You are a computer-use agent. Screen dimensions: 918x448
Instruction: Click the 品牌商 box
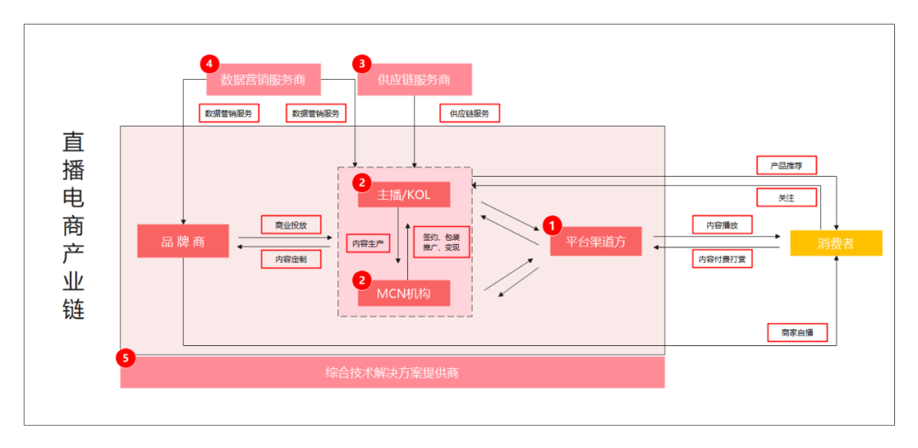tap(184, 241)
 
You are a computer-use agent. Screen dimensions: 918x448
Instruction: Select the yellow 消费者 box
tap(836, 243)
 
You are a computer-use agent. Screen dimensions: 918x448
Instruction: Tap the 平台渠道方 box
tap(596, 241)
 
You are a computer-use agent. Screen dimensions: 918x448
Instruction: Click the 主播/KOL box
tap(404, 195)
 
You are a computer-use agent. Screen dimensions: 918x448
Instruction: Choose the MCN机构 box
tap(404, 292)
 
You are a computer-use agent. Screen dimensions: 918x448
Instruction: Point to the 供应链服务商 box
tap(415, 79)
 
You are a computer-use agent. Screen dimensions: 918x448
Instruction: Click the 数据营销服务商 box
tap(263, 79)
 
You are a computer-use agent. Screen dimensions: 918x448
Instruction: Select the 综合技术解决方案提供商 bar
tap(392, 372)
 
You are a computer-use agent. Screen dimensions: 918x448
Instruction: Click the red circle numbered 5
tap(126, 357)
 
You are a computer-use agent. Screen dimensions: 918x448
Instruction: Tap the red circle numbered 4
tap(209, 63)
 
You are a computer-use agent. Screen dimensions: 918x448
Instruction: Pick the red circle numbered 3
tap(362, 63)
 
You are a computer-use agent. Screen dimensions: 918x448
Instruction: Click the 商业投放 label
tap(291, 225)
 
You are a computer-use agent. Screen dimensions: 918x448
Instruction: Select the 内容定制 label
tap(291, 258)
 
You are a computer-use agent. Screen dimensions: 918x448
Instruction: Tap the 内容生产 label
tap(368, 242)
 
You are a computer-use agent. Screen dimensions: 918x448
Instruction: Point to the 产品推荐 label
tap(786, 165)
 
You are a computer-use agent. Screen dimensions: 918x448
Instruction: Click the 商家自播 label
tap(797, 332)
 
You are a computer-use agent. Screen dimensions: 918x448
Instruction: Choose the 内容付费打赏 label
tap(722, 258)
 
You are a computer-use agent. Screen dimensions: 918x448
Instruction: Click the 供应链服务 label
tap(469, 113)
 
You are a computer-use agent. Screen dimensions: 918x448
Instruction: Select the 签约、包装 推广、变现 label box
tap(441, 242)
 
